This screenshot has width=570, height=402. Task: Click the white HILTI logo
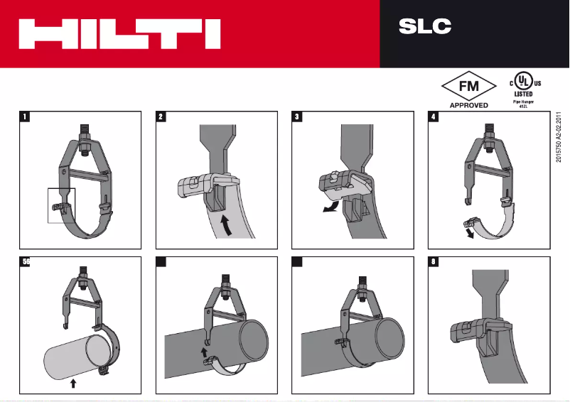point(119,34)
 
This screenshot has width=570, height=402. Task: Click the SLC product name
point(425,27)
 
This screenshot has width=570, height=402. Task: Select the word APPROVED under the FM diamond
point(468,105)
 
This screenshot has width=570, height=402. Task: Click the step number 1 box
point(25,117)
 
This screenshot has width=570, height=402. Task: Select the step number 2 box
point(161,117)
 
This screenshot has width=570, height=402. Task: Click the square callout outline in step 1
point(61,205)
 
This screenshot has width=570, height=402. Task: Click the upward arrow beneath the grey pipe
point(73,384)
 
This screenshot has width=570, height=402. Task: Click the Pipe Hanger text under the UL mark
point(523,102)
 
